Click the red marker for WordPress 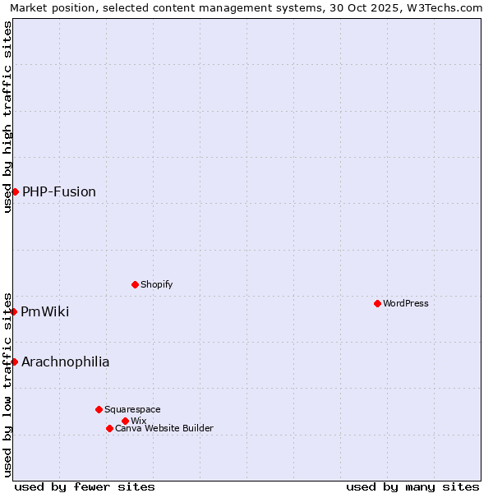pos(377,303)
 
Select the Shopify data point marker pos(135,284)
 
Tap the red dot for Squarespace pos(99,409)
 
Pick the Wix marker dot pos(125,421)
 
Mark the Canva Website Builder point pos(109,428)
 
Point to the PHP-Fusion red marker pos(15,191)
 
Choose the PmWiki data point pos(14,311)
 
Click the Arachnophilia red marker pos(14,362)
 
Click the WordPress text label pos(406,303)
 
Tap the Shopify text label pos(156,284)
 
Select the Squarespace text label pos(132,409)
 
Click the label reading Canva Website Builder pos(164,428)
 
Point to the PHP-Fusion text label pos(59,191)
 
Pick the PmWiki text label pos(45,311)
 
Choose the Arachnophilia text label pos(66,362)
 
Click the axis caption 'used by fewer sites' pos(85,486)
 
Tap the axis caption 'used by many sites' pos(412,486)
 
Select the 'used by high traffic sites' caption pos(7,117)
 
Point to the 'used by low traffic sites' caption pos(7,384)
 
